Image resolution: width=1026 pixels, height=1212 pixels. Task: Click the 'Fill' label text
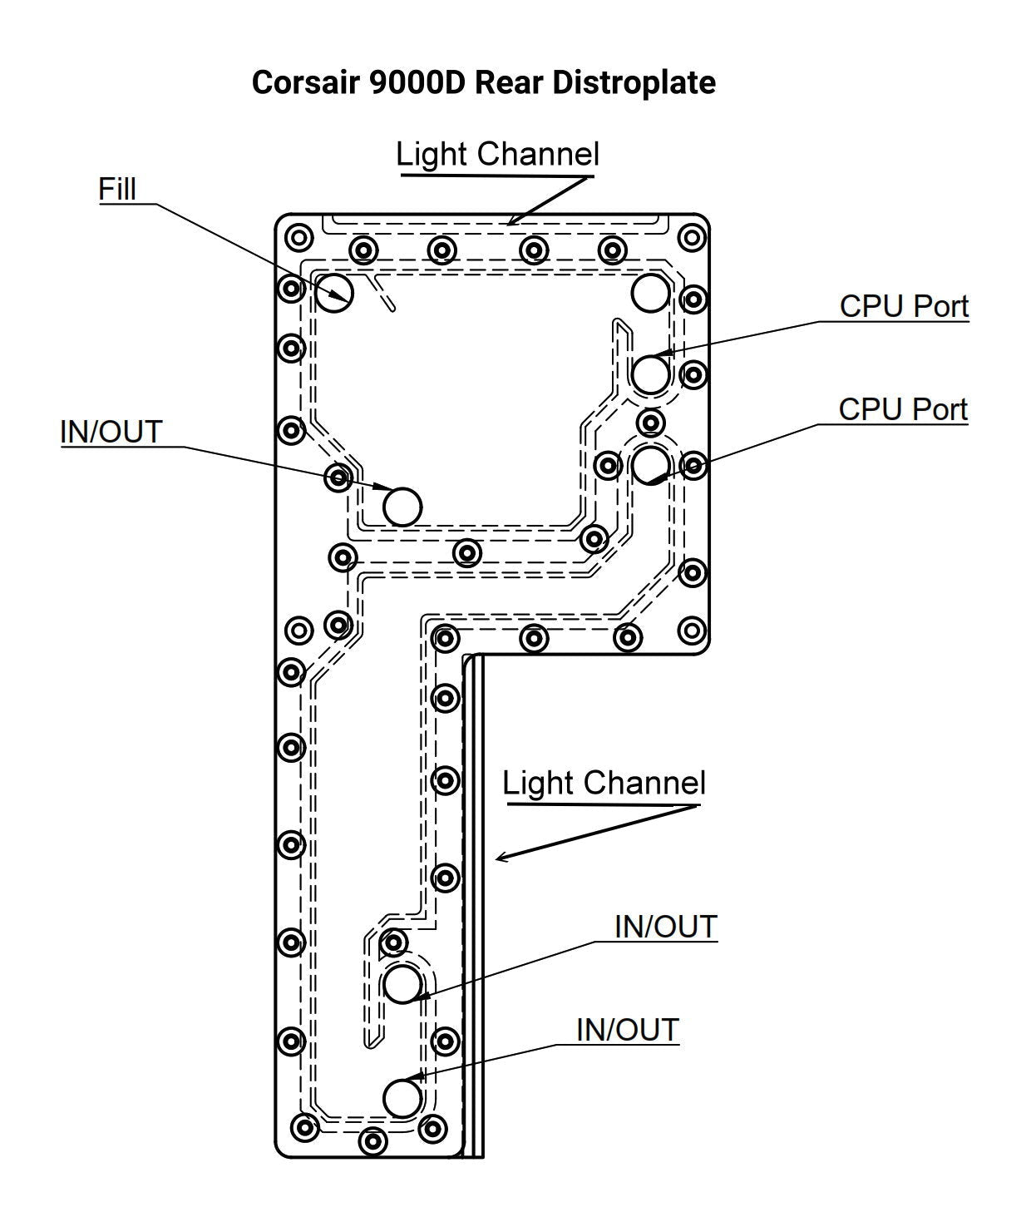click(x=116, y=189)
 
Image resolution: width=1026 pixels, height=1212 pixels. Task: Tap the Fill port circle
click(x=334, y=292)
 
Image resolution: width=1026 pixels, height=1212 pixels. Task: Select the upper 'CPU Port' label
click(x=904, y=306)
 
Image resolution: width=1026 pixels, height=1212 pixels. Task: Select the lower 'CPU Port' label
click(x=903, y=409)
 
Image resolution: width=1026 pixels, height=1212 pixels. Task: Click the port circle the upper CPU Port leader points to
click(x=650, y=373)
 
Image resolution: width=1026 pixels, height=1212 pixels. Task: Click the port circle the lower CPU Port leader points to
click(x=650, y=463)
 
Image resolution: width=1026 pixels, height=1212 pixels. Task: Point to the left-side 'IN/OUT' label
click(x=111, y=433)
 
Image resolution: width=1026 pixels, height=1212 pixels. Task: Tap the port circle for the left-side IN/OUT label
click(x=402, y=505)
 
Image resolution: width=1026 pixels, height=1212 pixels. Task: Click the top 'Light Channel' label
click(x=497, y=155)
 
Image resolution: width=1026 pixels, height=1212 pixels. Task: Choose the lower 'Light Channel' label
click(x=604, y=784)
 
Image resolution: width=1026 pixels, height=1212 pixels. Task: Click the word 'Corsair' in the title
click(x=304, y=82)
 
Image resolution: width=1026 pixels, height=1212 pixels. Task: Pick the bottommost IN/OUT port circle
click(x=402, y=1097)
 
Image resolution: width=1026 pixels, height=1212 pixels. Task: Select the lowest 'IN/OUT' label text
click(x=628, y=1030)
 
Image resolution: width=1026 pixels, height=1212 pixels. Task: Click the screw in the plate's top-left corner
click(x=298, y=237)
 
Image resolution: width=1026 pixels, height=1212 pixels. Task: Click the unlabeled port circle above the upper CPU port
click(x=650, y=292)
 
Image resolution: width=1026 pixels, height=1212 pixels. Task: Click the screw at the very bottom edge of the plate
click(x=373, y=1140)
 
